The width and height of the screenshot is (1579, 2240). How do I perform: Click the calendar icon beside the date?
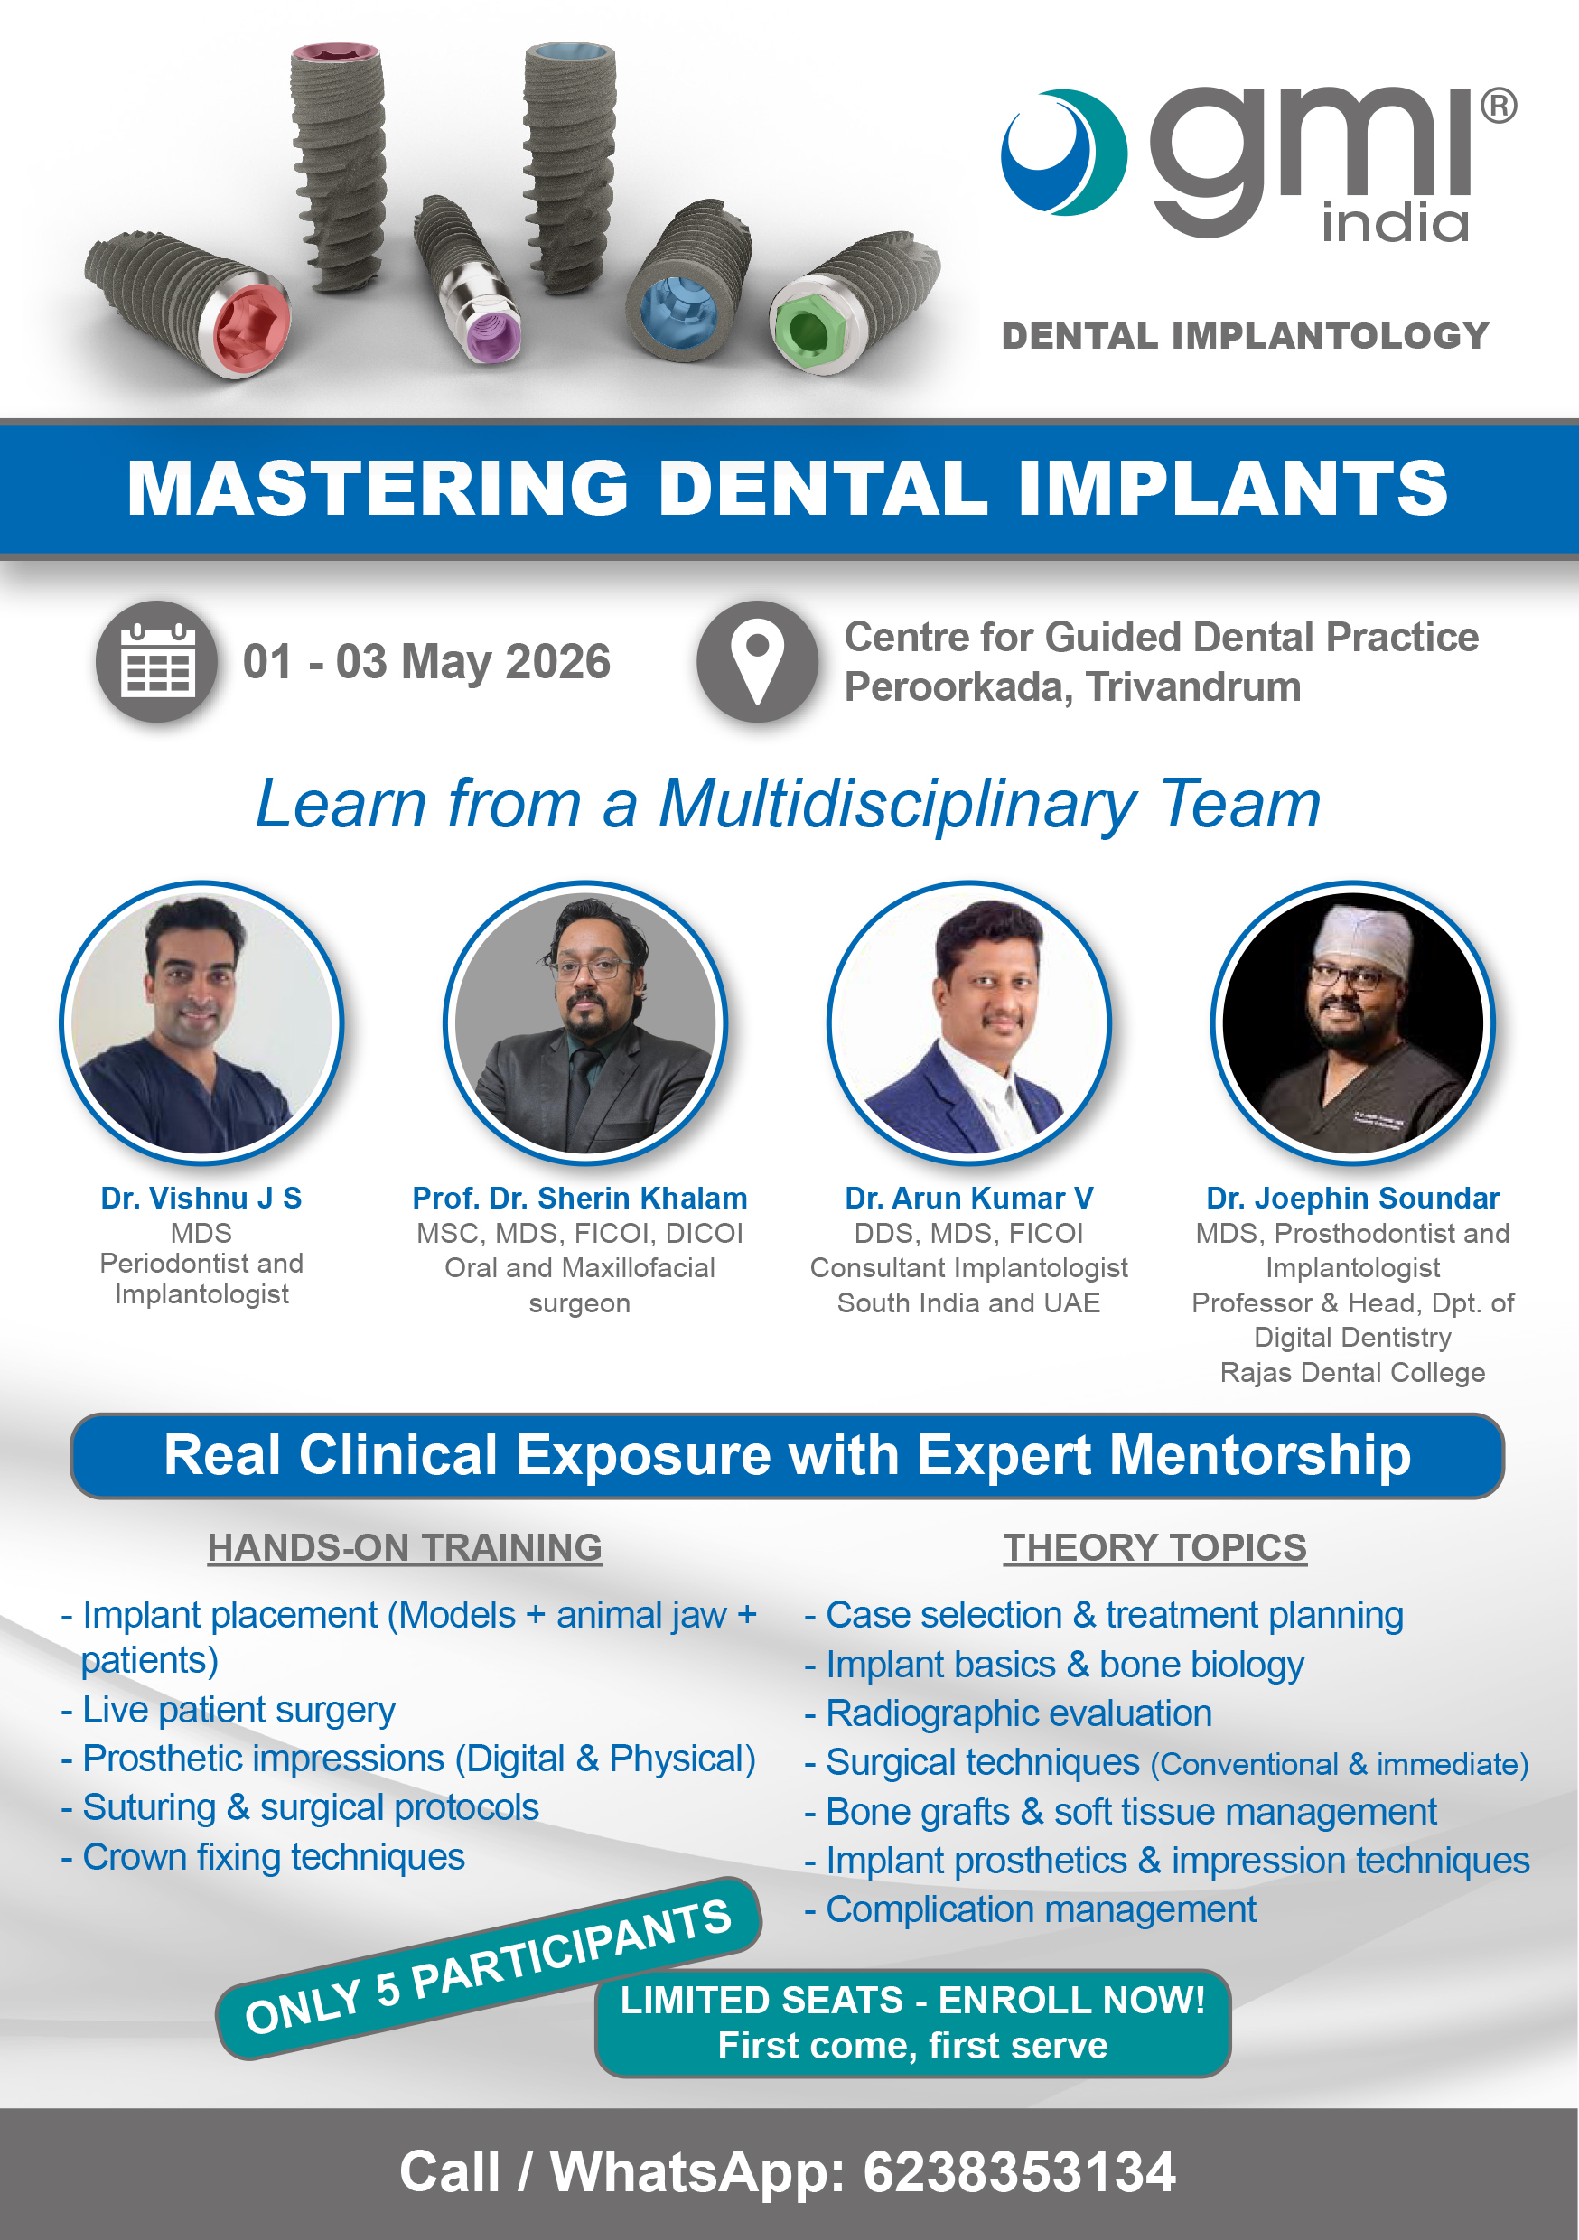tap(156, 661)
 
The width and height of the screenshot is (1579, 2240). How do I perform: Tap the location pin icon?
tap(756, 661)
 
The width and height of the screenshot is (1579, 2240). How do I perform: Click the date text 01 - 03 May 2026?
tap(426, 661)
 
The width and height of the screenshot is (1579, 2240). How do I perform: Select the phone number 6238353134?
tap(1019, 2171)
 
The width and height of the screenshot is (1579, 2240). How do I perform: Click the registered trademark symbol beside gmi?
tap(1498, 106)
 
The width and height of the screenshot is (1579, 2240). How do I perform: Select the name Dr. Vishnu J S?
tap(201, 1198)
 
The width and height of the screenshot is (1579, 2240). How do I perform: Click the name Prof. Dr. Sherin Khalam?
tap(580, 1198)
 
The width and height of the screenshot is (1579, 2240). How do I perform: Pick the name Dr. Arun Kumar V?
tap(969, 1198)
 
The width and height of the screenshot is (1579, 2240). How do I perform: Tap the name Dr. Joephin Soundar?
tap(1352, 1198)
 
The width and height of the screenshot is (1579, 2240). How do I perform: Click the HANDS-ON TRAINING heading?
tap(405, 1547)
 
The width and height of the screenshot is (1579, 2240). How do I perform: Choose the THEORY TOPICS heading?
tap(1154, 1547)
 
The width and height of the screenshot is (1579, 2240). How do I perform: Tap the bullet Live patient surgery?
tap(238, 1709)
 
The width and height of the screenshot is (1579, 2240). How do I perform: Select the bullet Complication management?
tap(1041, 1909)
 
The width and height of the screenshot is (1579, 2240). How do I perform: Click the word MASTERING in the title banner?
tap(378, 488)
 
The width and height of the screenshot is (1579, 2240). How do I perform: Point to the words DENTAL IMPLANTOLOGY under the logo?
tap(1246, 336)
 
